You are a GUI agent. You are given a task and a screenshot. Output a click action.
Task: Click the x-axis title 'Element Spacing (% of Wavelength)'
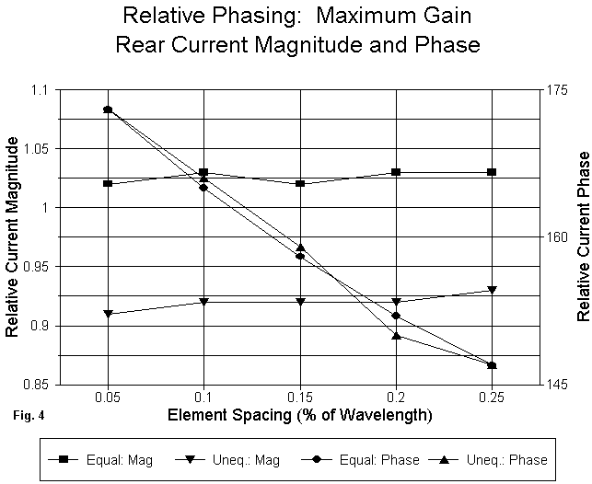(300, 415)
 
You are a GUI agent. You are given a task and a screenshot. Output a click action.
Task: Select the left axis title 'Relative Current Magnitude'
(14, 236)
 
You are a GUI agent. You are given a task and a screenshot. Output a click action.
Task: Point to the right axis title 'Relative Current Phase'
(582, 236)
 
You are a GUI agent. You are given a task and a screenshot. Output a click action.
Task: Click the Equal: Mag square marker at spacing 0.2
(396, 172)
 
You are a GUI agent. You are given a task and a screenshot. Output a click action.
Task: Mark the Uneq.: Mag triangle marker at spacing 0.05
(109, 314)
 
